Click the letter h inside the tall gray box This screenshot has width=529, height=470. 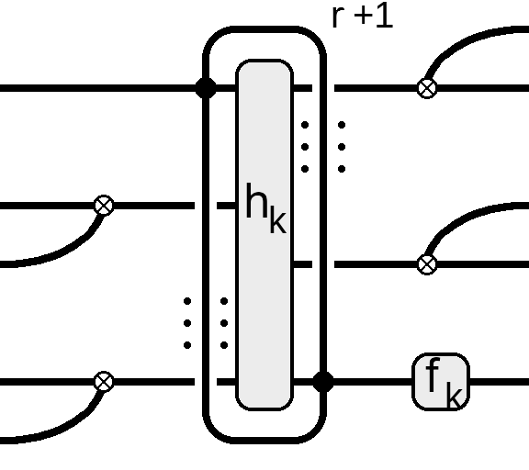coord(257,201)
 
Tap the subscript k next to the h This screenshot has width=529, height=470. coord(278,222)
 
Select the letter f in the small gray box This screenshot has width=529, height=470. coord(433,375)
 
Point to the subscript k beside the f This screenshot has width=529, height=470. coord(454,396)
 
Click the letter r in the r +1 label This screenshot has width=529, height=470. coord(338,17)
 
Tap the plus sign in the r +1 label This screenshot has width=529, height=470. coord(364,16)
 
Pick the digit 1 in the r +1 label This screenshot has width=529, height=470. coord(385,16)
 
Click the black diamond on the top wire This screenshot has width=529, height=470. coord(206,88)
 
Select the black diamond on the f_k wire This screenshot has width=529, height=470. coord(323,382)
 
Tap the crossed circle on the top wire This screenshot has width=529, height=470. coord(427,88)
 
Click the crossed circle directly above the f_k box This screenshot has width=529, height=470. coord(427,264)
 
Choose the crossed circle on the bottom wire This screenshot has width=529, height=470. coord(104,382)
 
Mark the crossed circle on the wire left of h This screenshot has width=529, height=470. coord(104,206)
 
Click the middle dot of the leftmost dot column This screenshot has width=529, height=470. coord(187,323)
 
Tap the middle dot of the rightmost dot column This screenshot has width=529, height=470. coord(342,147)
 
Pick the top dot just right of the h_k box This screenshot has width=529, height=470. coord(305,125)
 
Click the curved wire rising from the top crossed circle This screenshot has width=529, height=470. coord(463,42)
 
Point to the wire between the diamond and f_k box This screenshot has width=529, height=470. coord(373,382)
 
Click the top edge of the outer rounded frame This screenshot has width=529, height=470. coord(264,29)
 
